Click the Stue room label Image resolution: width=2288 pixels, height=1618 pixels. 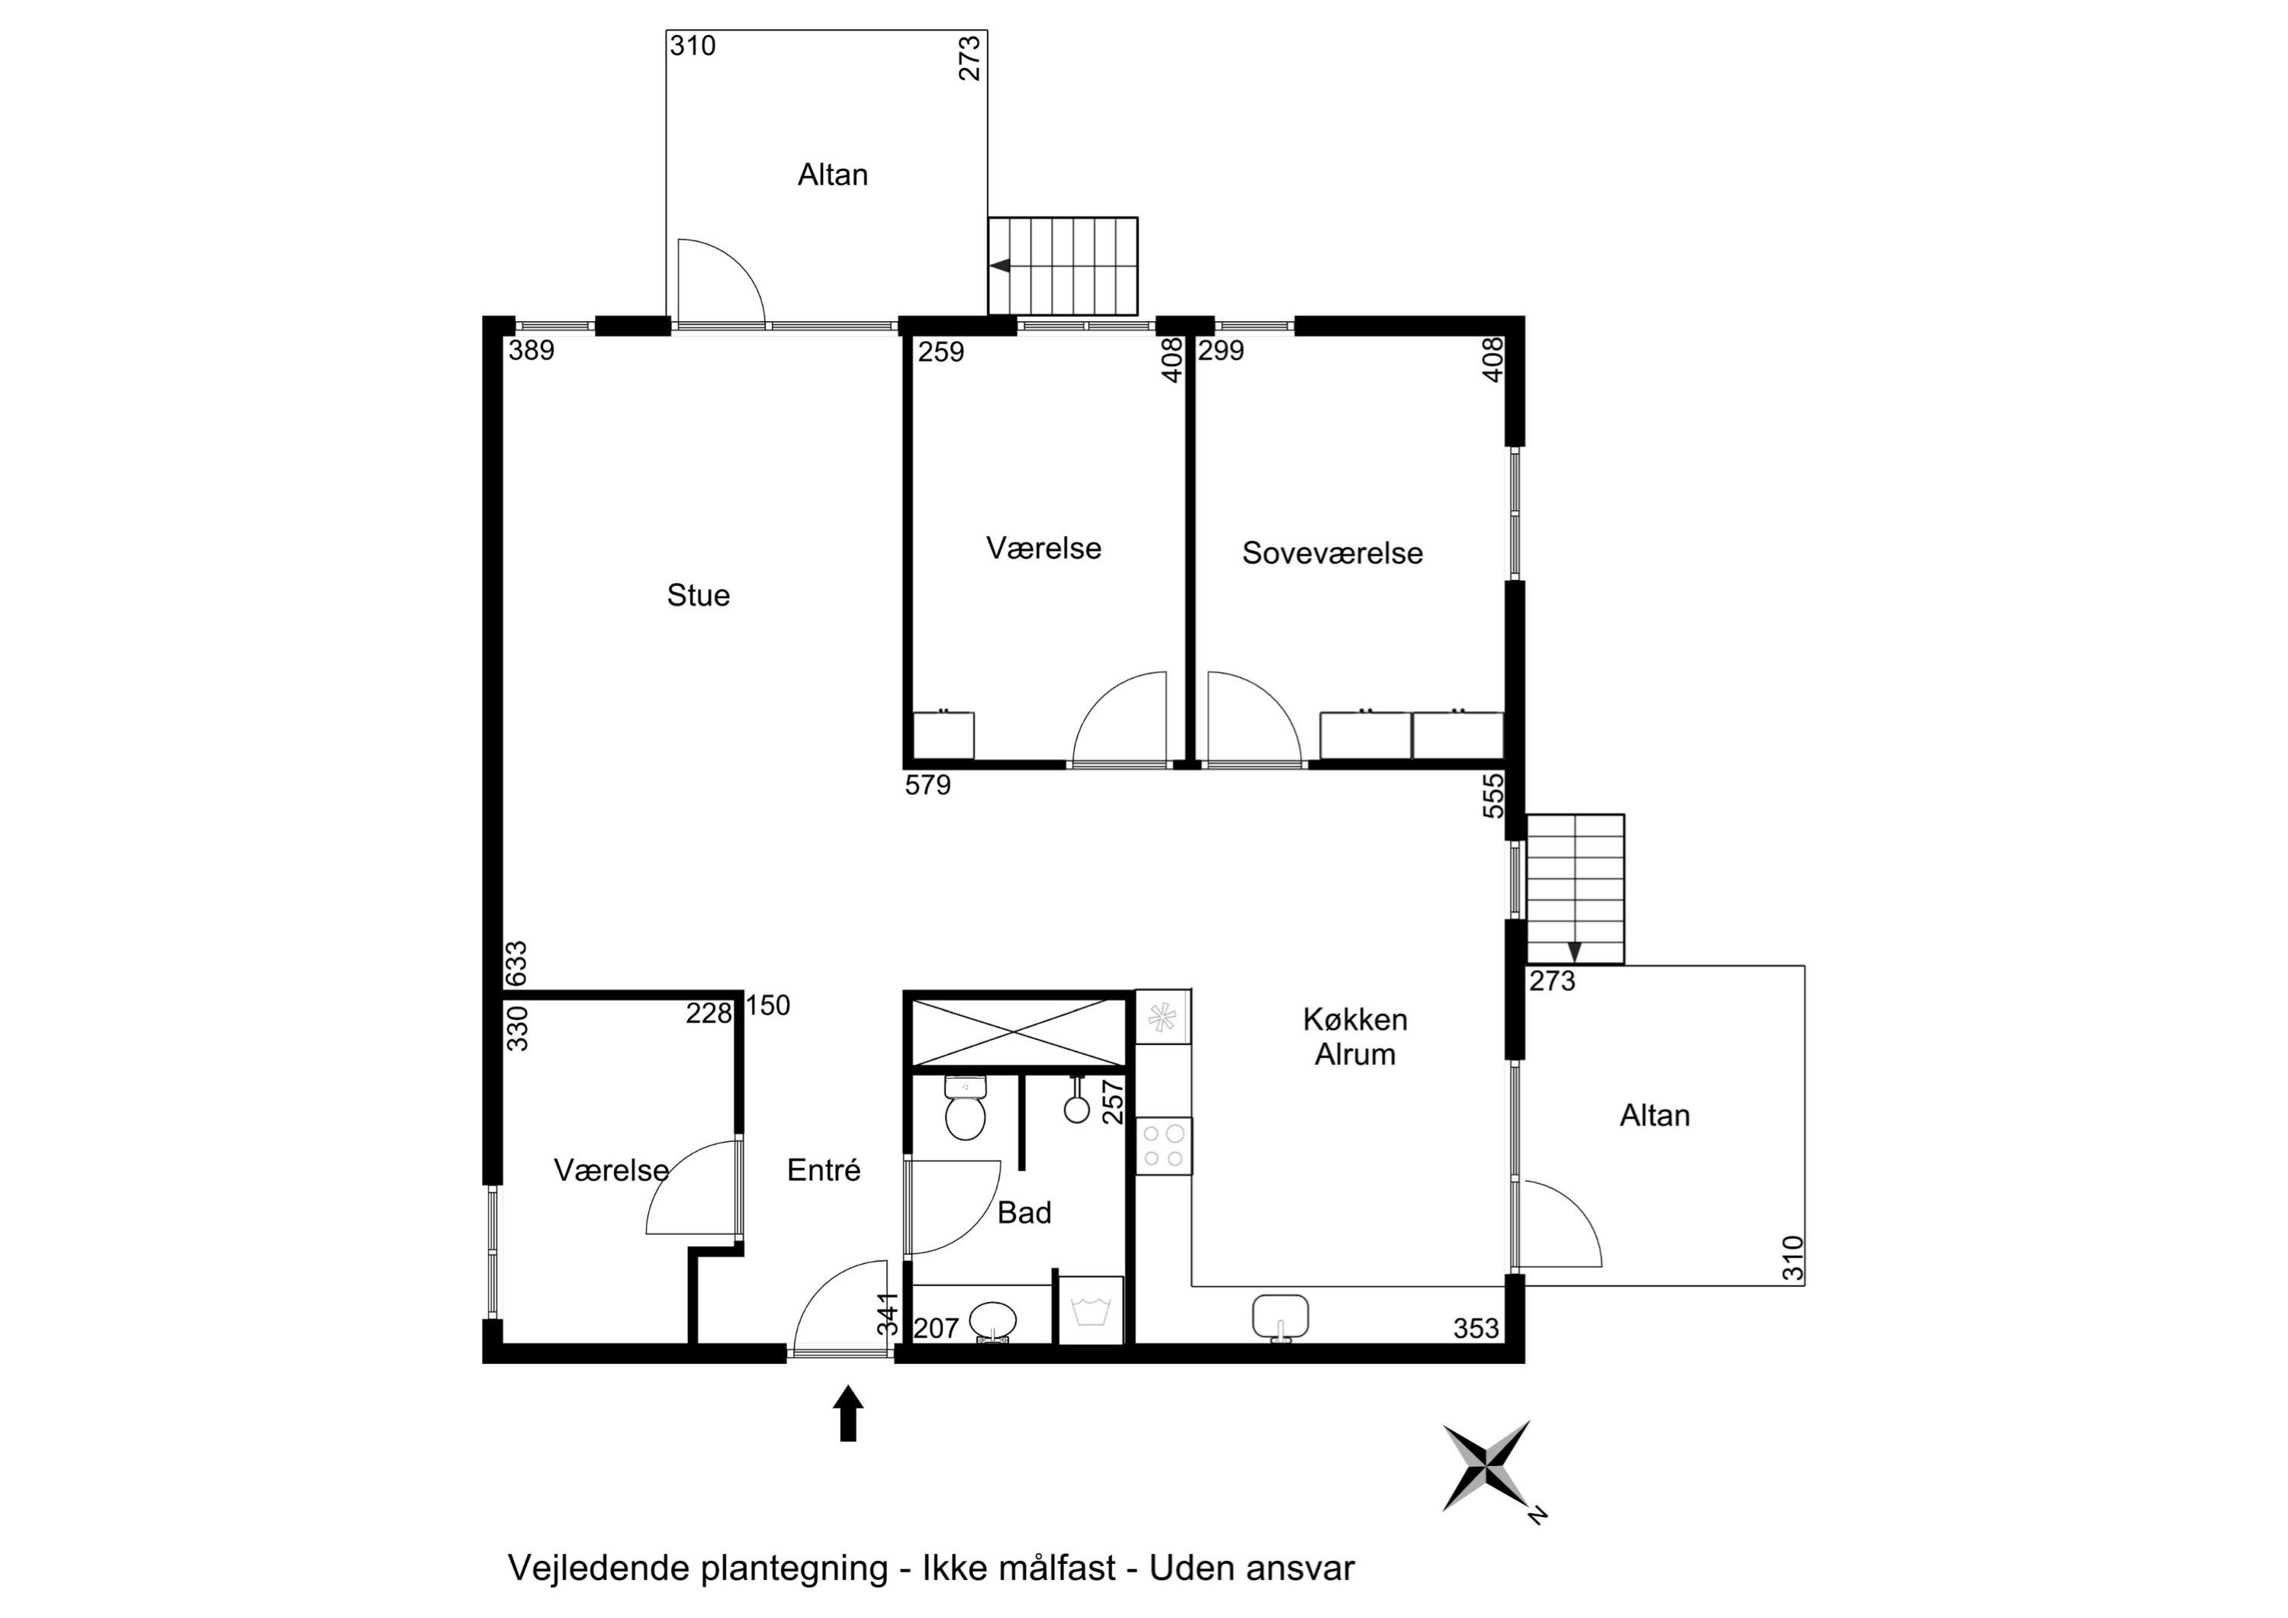coord(698,595)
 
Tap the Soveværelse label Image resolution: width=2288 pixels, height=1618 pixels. coord(1332,553)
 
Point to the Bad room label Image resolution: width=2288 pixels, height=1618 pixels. coord(1024,1212)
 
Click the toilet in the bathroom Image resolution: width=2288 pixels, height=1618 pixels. coord(965,1108)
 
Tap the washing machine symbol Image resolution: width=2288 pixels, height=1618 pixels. coord(1091,1310)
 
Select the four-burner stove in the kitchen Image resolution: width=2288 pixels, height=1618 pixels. coord(1163,1146)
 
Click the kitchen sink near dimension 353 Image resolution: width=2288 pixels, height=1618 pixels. coord(1280,1318)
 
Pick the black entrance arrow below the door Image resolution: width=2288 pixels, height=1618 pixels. coord(848,1413)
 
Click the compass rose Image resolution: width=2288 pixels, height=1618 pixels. coord(1486,1466)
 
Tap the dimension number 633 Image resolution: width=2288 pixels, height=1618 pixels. coord(516,964)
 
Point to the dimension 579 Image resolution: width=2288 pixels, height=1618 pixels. coord(927,786)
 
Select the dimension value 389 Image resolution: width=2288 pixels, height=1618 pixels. coord(531,351)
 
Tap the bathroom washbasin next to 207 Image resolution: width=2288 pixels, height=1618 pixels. coord(994,1322)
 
